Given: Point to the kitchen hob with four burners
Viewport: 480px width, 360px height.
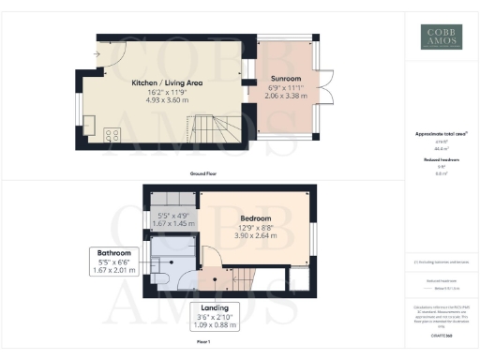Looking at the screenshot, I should tap(112, 135).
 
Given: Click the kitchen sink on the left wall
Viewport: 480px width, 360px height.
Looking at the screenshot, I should tap(90, 123).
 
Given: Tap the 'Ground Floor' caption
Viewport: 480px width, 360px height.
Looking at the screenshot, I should tap(203, 174).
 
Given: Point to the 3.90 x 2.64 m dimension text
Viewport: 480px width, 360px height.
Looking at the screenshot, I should tap(248, 235).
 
